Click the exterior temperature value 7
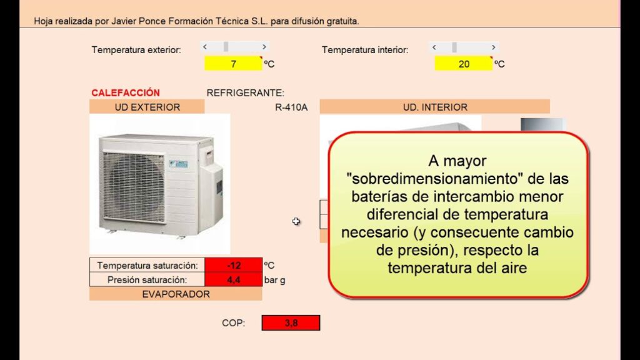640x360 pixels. click(x=232, y=64)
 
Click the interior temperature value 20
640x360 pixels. click(x=463, y=64)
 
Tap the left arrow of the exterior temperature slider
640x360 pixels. click(x=206, y=47)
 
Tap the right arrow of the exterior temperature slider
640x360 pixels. click(x=264, y=47)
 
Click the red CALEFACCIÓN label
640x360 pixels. click(x=126, y=92)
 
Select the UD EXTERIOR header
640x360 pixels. click(x=147, y=107)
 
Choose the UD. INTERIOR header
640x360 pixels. click(x=434, y=107)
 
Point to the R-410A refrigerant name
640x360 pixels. click(x=291, y=107)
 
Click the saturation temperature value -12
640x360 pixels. click(x=233, y=265)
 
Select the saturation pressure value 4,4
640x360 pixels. click(x=233, y=280)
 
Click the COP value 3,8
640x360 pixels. click(x=291, y=323)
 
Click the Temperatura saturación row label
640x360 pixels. click(x=147, y=265)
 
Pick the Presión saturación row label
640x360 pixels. click(x=147, y=280)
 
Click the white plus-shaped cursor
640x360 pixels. click(x=296, y=221)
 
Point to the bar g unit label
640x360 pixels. click(x=274, y=280)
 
